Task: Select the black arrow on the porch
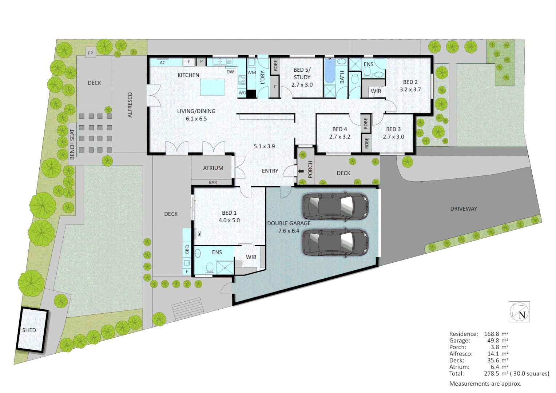tap(301, 171)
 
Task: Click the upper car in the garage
tap(335, 206)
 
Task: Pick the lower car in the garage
tap(335, 242)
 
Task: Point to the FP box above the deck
tap(91, 53)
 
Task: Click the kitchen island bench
tap(212, 87)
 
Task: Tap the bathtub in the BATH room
tap(329, 71)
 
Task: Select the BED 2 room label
tap(410, 82)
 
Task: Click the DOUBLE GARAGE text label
tap(289, 223)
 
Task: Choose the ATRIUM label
tap(213, 168)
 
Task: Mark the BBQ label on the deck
tap(187, 249)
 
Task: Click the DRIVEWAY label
tap(463, 209)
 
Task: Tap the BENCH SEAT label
tap(72, 144)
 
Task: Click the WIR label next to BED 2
tap(376, 91)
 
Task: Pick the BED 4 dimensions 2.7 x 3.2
tap(339, 137)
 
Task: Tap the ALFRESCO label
tap(130, 105)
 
